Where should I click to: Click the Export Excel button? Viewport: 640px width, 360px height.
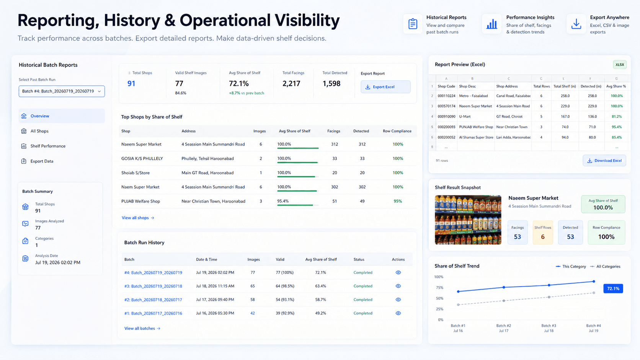click(385, 87)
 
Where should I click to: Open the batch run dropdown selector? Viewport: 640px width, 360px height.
click(62, 91)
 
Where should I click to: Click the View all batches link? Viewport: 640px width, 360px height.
click(142, 329)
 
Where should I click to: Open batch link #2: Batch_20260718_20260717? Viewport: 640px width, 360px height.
click(153, 300)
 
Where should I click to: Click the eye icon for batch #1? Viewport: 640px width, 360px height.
click(398, 313)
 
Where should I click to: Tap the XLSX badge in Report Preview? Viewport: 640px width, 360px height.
click(620, 65)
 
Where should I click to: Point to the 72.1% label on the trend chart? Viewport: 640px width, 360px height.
click(613, 288)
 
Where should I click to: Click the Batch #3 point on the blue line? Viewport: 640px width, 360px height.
click(549, 285)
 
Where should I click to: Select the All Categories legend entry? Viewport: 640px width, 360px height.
click(605, 267)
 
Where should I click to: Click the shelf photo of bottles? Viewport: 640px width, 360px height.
click(468, 220)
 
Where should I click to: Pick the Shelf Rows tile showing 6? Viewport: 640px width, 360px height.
click(542, 232)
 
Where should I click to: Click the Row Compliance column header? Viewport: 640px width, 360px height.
click(397, 131)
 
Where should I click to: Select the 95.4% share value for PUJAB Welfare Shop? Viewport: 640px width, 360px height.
click(283, 201)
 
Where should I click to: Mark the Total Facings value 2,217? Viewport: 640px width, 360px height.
click(291, 83)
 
